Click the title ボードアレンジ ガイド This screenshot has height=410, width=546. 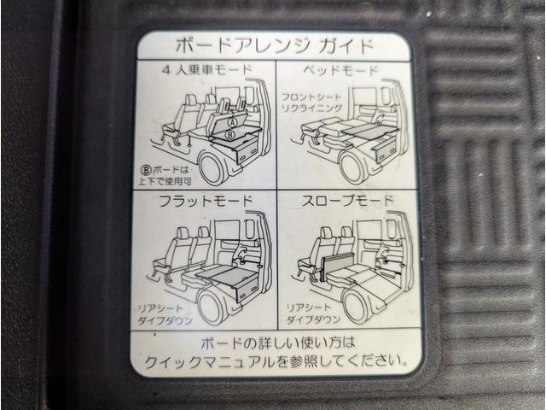[x=275, y=46]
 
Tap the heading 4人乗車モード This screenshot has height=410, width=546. [x=206, y=70]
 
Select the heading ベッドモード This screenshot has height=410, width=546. [x=340, y=71]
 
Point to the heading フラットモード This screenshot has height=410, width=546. [x=206, y=202]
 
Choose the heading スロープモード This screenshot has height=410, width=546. [x=347, y=201]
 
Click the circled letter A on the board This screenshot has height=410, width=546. [x=233, y=122]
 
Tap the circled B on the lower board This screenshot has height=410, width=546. [x=230, y=134]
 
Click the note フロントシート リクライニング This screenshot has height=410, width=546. [x=311, y=102]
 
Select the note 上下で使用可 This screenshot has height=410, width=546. [x=165, y=181]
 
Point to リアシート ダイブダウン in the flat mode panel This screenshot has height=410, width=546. [x=165, y=314]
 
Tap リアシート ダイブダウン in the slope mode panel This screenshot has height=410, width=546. [x=313, y=313]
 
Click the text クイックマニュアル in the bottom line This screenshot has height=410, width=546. [x=210, y=362]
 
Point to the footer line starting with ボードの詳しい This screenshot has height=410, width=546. [x=277, y=343]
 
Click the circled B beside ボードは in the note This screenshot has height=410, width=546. [x=147, y=170]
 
